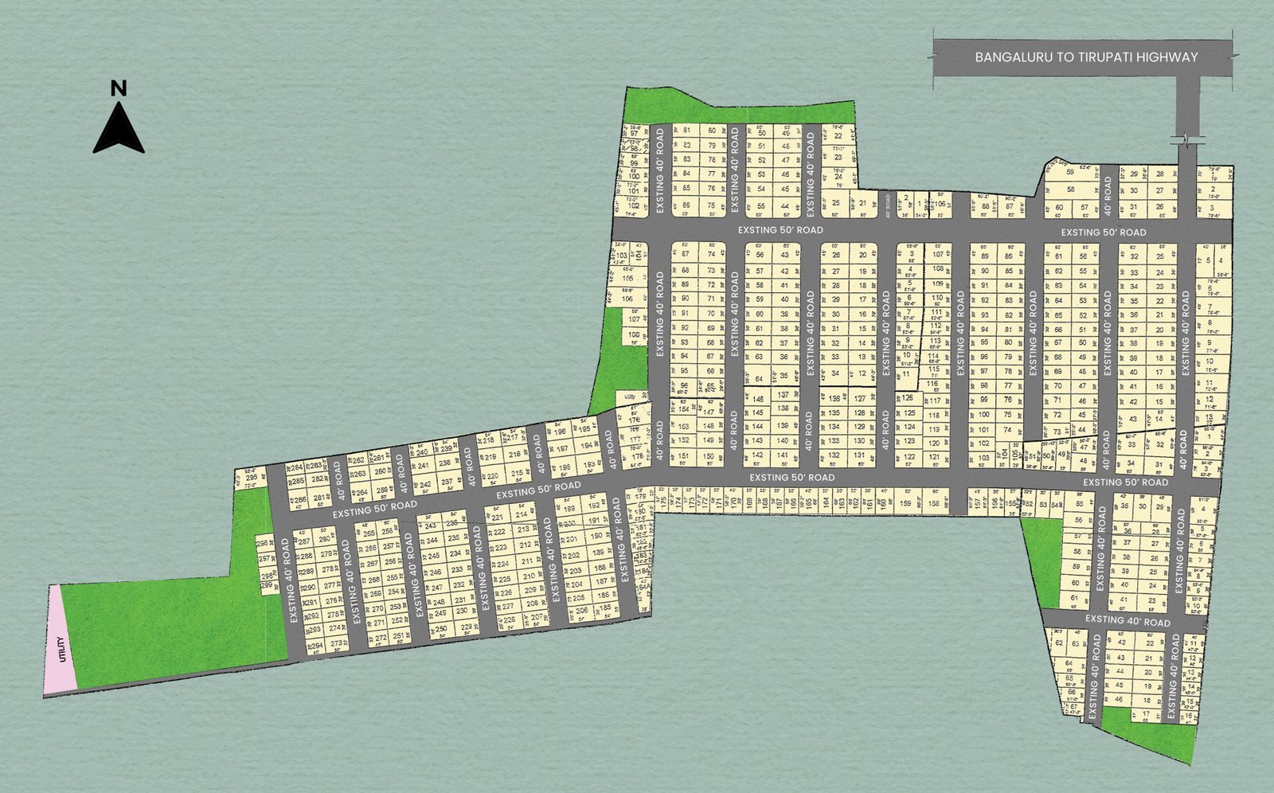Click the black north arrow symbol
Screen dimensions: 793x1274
(119, 131)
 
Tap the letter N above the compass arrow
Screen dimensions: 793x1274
(119, 88)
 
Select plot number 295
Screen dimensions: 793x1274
(252, 478)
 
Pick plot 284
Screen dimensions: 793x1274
(297, 467)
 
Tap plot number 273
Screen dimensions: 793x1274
(336, 643)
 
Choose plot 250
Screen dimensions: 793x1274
(440, 629)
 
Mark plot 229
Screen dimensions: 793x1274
(467, 627)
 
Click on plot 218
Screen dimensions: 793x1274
(489, 439)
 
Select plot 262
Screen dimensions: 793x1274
(358, 460)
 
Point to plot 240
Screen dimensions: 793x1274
(422, 452)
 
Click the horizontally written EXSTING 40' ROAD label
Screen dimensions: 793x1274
(1127, 620)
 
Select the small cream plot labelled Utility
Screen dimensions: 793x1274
(630, 396)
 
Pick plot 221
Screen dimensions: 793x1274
(498, 517)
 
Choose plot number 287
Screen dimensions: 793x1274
(303, 541)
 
